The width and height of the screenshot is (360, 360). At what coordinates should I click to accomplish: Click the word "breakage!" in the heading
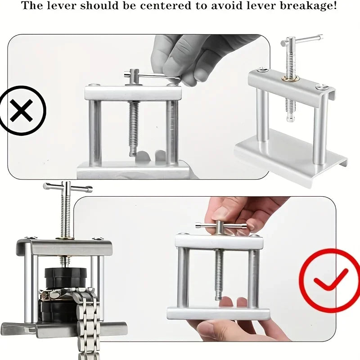tap(308, 5)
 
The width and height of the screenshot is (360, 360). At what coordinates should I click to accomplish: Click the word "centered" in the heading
tap(166, 6)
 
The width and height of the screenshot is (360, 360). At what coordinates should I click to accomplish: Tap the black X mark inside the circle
tap(21, 110)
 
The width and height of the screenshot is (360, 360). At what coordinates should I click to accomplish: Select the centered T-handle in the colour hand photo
tap(221, 226)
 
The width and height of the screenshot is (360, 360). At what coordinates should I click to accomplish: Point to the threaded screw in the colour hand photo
tap(219, 274)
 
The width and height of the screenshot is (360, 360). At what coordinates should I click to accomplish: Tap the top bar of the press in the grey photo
tap(133, 93)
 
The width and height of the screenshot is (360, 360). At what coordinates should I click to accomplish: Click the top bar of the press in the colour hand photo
tap(219, 242)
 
